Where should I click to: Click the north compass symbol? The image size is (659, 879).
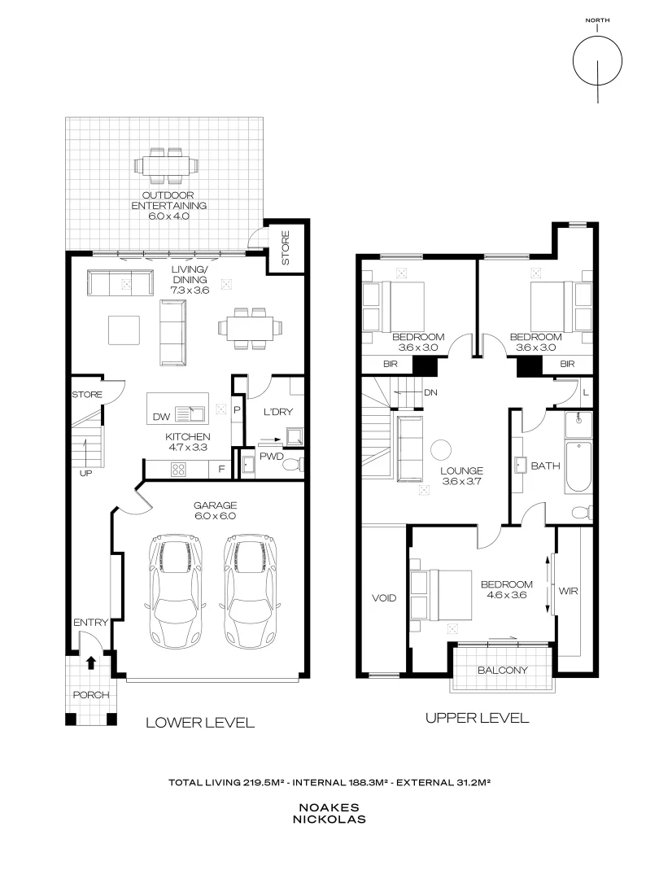pyautogui.click(x=597, y=61)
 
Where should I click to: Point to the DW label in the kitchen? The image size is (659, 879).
pyautogui.click(x=161, y=417)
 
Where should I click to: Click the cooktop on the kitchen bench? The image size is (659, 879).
pyautogui.click(x=177, y=469)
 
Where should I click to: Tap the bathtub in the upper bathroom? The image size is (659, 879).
pyautogui.click(x=580, y=466)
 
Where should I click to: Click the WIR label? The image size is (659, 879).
pyautogui.click(x=568, y=591)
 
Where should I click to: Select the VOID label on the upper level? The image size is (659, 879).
pyautogui.click(x=383, y=598)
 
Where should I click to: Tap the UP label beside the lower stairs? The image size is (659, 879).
pyautogui.click(x=85, y=472)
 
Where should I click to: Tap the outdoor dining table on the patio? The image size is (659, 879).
pyautogui.click(x=165, y=165)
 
